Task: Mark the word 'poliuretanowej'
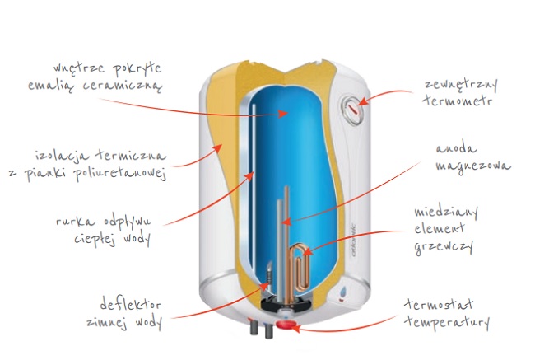pyautogui.click(x=128, y=171)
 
